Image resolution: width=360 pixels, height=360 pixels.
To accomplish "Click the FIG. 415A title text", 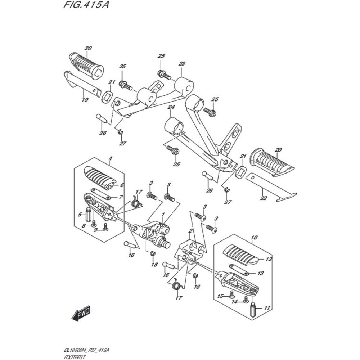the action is pos(86,5).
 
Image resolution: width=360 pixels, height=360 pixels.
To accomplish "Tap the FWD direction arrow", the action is pos(81,313).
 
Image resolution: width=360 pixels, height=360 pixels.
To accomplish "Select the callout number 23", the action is pos(181,64).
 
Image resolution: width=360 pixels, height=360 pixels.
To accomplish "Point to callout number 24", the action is pos(171,107).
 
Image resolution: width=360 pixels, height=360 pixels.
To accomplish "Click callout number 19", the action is pos(85,100).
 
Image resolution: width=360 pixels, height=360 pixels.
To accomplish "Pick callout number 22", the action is pos(264,198).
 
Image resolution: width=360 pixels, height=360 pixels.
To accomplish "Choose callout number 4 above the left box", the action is pos(110,158).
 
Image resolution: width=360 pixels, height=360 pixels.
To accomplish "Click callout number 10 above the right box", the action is pos(254,237).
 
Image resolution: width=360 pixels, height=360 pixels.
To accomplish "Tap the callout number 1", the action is pos(163,215).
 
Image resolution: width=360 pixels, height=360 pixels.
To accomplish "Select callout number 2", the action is pos(190,231).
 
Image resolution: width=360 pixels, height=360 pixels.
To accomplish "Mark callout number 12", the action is pos(269,260).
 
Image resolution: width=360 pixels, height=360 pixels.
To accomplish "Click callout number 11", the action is pos(267,308).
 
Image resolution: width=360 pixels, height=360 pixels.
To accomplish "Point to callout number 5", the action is pos(80,215).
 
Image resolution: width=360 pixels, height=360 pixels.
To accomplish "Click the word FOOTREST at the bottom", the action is pos(75,357).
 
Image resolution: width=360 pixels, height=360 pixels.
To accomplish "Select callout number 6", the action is pos(122,185).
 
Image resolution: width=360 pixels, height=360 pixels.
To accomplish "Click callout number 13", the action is pos(260,273).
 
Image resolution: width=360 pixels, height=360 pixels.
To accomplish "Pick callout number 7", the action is pos(121,197).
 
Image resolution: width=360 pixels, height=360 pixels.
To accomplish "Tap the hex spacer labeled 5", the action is pos(89,214).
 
